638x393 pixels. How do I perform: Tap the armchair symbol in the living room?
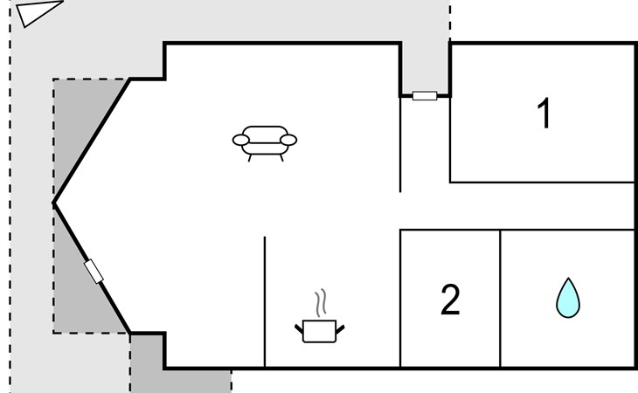(265, 141)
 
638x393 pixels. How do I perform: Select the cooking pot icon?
(320, 331)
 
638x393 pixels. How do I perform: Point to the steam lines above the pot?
(322, 302)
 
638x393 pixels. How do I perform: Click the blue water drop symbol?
(568, 298)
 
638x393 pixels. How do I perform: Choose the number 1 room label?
(544, 114)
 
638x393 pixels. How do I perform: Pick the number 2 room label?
(450, 300)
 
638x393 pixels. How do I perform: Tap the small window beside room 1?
(425, 95)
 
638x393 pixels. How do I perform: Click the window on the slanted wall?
(94, 272)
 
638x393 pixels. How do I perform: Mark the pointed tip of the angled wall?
(54, 203)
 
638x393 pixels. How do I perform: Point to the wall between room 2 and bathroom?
(500, 298)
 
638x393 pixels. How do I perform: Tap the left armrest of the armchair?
(241, 139)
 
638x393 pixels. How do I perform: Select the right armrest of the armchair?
(289, 139)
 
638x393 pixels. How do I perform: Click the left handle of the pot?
(299, 327)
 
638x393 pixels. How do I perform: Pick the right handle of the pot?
(341, 327)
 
